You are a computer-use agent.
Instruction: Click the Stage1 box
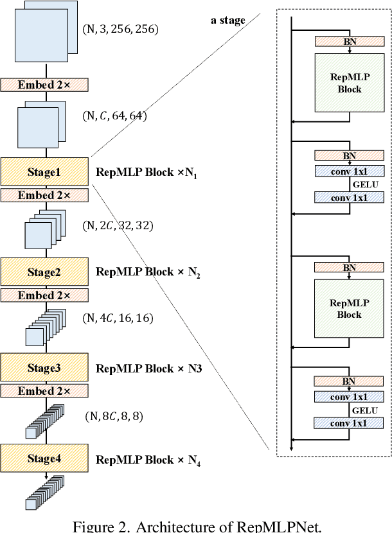44,172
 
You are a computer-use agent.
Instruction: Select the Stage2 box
44,272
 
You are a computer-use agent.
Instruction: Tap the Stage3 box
44,368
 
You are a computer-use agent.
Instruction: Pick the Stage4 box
44,459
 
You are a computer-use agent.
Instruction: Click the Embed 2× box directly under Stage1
44,195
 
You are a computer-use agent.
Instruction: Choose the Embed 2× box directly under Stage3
44,391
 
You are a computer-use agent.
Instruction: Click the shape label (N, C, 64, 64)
116,116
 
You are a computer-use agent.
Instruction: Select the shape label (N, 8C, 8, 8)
114,417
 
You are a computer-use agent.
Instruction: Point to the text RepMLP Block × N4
148,460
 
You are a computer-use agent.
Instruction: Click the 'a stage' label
228,20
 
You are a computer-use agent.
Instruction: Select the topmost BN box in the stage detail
349,41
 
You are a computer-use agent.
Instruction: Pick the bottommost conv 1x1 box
349,423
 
